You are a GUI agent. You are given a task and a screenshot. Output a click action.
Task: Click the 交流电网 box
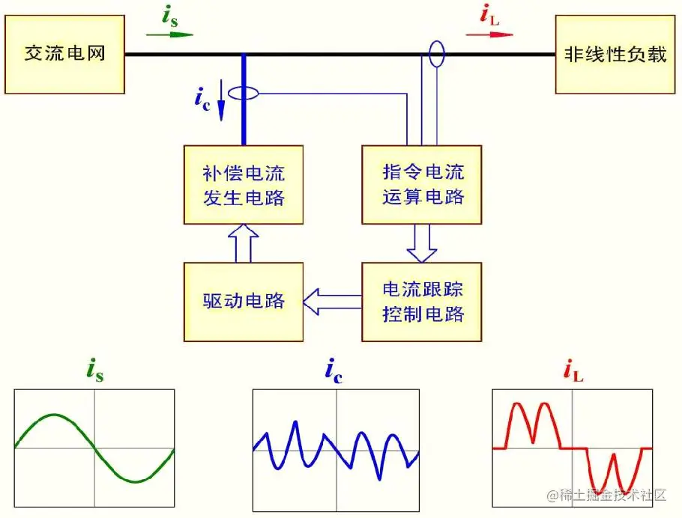(x=64, y=55)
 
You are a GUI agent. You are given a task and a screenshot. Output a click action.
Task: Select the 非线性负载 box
(x=610, y=55)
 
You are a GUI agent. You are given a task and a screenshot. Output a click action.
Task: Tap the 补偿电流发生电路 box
(x=244, y=184)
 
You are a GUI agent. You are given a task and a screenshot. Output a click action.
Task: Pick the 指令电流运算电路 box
(x=422, y=184)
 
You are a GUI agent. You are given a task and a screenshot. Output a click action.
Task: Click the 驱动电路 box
(x=244, y=301)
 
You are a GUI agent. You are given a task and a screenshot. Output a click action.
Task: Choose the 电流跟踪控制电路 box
(x=422, y=301)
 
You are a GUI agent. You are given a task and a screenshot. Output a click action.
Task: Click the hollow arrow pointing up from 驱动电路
(x=243, y=243)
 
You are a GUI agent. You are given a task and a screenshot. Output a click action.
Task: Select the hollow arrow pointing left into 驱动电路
(x=332, y=302)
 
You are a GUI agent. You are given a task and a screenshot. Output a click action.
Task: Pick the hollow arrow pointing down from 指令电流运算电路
(x=421, y=243)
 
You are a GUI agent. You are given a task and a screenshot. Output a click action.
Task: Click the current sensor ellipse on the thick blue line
(x=244, y=94)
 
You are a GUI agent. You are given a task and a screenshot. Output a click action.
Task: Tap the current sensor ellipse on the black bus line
(x=435, y=54)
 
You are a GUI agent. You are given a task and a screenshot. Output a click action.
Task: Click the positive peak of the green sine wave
(x=54, y=415)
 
